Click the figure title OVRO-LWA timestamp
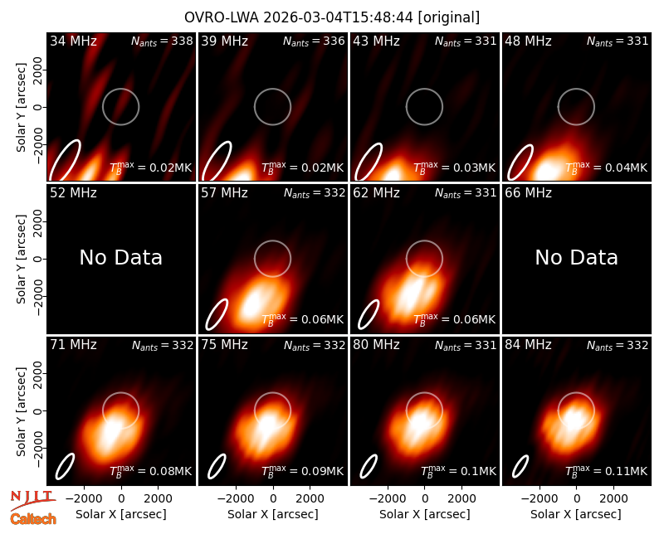click(x=332, y=17)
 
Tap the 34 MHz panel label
click(x=73, y=41)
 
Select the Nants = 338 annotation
click(x=162, y=41)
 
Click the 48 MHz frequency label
click(x=528, y=41)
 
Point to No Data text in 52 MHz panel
click(x=120, y=257)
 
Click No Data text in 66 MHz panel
click(x=576, y=257)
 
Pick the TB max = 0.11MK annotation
click(x=607, y=471)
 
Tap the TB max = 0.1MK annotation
click(x=458, y=471)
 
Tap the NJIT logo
click(x=32, y=499)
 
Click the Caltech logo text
click(x=33, y=519)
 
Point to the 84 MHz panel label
click(x=528, y=345)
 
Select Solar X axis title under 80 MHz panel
click(x=424, y=514)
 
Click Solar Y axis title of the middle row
click(x=21, y=259)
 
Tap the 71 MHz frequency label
click(x=73, y=345)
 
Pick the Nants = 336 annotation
click(x=314, y=41)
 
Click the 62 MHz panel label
click(x=377, y=193)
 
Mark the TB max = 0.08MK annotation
click(x=151, y=471)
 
